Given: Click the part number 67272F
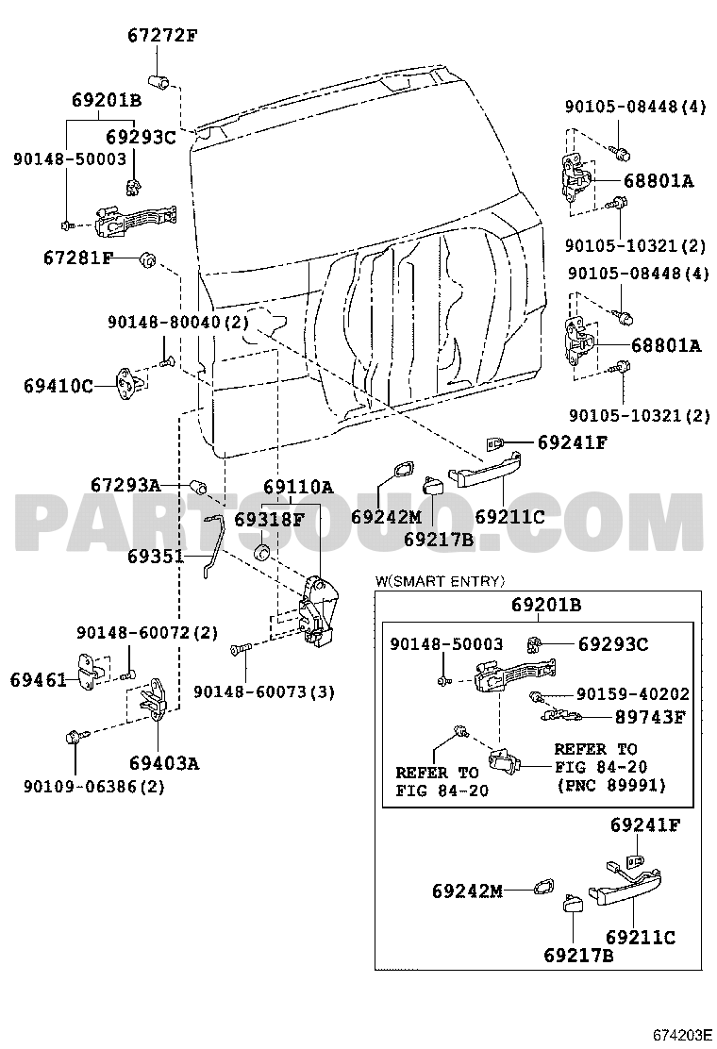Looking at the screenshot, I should [162, 37].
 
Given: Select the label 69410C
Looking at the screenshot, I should [58, 385].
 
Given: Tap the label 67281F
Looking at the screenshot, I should [77, 258].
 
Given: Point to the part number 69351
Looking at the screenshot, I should [157, 557].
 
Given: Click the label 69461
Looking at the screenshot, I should [39, 678].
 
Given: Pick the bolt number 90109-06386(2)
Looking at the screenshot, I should [93, 786].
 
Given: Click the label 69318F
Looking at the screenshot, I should [269, 519].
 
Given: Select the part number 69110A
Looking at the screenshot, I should [297, 488].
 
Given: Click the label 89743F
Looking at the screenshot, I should [651, 717].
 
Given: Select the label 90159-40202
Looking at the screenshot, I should [632, 693].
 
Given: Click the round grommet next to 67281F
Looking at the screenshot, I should [148, 258].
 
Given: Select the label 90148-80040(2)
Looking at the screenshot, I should [177, 323].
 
